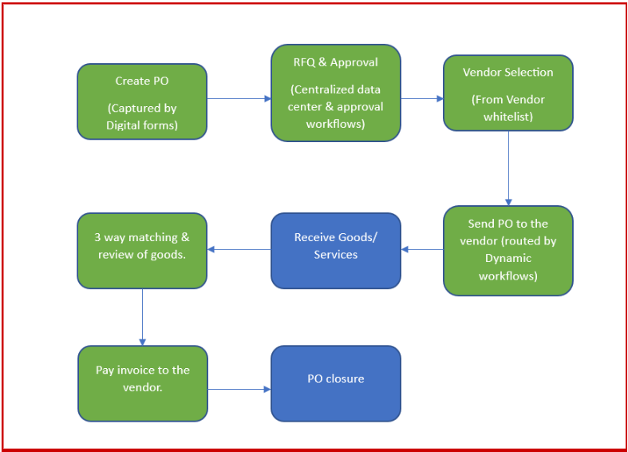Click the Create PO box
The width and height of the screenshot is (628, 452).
142,101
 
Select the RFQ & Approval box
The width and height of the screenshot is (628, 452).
335,93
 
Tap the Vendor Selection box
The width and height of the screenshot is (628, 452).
508,92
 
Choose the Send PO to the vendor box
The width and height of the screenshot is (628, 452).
508,251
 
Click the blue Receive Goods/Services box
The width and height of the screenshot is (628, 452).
335,250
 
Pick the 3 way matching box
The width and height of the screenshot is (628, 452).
142,250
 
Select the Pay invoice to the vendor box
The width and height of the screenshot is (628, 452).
142,383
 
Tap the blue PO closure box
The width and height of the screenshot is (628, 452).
335,383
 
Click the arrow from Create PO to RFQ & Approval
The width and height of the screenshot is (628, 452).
239,99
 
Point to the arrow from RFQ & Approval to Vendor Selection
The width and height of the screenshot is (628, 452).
421,99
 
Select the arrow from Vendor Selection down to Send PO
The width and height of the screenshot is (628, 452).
508,168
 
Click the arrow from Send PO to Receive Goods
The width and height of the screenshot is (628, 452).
422,250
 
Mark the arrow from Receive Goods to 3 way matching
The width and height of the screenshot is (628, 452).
239,250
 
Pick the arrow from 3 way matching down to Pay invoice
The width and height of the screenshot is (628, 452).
142,316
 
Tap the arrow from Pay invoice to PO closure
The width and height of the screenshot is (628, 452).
239,390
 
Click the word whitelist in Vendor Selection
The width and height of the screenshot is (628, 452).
508,117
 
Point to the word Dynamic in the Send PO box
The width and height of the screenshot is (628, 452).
508,258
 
